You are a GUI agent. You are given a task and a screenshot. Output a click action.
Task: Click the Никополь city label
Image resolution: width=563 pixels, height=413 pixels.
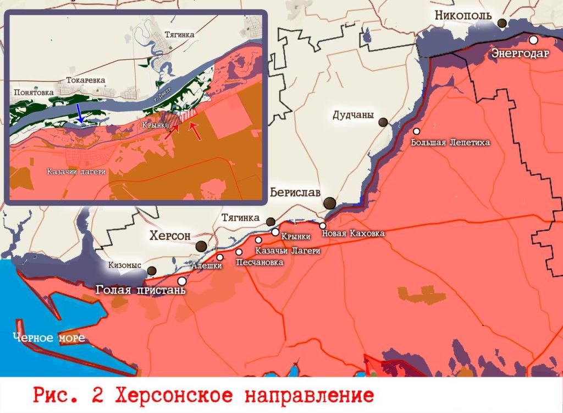(462, 15)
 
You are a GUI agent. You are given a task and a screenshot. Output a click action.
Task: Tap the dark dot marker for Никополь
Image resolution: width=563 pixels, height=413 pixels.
(502, 23)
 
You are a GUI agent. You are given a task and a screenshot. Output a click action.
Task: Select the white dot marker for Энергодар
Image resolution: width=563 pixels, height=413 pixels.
(533, 40)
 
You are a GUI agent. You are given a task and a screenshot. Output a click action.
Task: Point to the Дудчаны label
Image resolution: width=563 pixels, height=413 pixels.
(354, 116)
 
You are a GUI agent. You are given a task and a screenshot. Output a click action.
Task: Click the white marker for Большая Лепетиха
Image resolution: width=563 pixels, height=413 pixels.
(417, 131)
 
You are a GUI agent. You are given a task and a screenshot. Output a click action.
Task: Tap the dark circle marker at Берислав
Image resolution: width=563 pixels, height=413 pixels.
(329, 203)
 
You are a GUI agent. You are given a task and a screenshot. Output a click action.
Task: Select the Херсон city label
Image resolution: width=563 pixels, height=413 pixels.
(170, 236)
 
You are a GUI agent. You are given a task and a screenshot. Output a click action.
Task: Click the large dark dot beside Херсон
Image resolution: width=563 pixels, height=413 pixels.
(202, 246)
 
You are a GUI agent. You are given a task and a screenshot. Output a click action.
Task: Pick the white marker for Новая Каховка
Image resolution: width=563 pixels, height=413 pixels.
(323, 226)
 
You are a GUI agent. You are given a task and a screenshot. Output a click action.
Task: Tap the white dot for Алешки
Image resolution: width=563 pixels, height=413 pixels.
(220, 257)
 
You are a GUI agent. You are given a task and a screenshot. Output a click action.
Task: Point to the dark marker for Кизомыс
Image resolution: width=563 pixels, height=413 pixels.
(151, 270)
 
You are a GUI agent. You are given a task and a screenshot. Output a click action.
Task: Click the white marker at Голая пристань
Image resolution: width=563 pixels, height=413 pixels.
(181, 281)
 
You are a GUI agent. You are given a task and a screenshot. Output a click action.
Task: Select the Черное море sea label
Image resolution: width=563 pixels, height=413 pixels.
(50, 338)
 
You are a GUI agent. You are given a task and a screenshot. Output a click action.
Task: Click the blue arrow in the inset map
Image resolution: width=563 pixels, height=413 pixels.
(80, 112)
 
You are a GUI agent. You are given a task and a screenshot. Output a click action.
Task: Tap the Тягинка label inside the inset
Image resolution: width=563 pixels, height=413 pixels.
(179, 34)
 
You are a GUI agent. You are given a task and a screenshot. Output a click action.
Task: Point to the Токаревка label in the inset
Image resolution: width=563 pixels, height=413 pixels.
(85, 80)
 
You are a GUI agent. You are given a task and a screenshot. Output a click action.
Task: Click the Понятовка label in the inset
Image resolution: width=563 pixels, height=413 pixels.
(34, 93)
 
